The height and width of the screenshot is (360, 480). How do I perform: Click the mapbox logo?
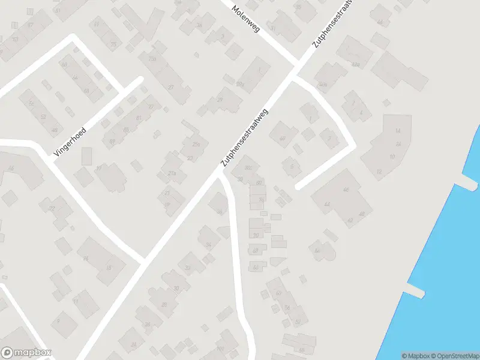pos(26,353)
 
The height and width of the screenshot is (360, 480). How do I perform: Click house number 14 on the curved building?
pos(397,131)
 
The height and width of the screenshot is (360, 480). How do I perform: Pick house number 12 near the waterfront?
pos(379,172)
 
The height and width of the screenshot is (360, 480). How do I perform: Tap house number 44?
pos(327,204)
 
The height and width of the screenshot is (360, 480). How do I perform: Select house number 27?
pos(171,87)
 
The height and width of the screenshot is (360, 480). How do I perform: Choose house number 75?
pos(113,44)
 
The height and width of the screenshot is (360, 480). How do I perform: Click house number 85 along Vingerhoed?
pos(126,130)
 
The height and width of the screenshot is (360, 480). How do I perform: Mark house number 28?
pos(164,305)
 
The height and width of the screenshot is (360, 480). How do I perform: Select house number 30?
pos(176,288)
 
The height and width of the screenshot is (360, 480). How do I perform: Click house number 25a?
pos(195,144)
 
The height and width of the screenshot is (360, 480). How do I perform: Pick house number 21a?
pos(172,173)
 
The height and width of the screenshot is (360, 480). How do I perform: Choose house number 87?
pos(112,142)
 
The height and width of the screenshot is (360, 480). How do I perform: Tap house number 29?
pos(220,100)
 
